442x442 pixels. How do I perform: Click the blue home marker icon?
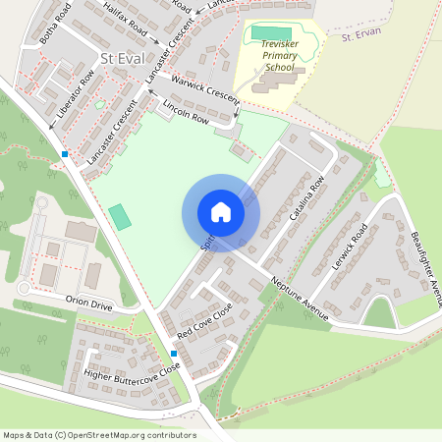tap(221, 212)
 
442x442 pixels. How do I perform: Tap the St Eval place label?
tap(122, 59)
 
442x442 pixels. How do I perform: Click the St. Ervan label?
tap(359, 36)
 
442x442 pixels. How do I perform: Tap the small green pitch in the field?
tap(119, 217)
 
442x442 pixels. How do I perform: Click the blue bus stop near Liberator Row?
tap(65, 154)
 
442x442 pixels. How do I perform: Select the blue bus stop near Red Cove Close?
tap(174, 354)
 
